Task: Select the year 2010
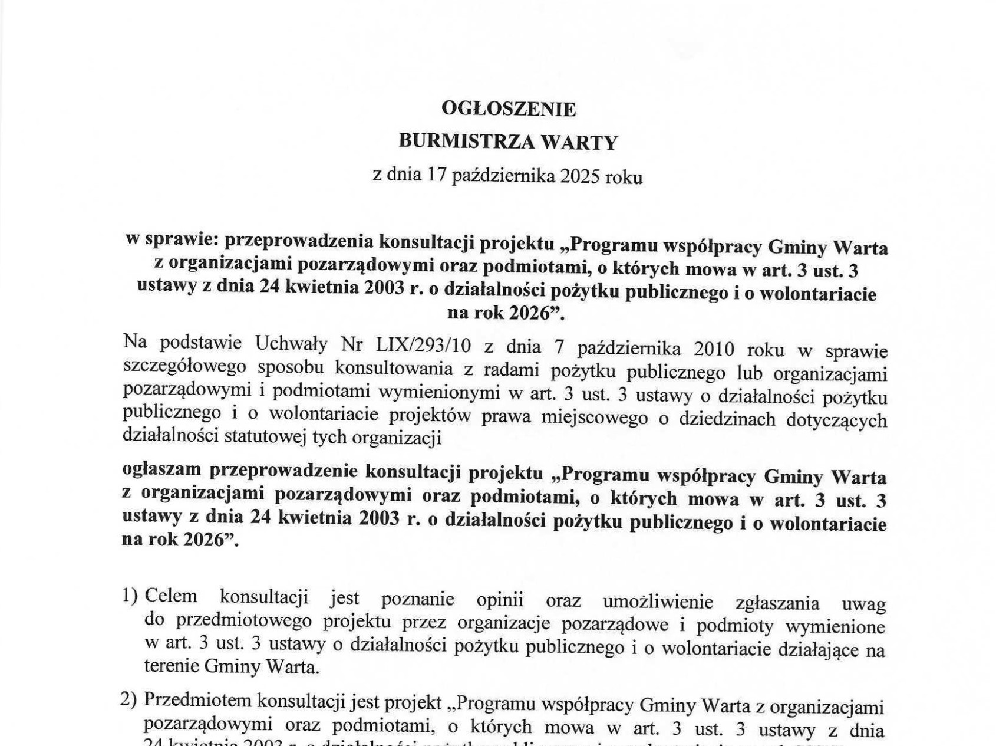click(713, 349)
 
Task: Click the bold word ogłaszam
click(161, 470)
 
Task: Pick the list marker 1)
click(130, 596)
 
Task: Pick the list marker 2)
click(128, 700)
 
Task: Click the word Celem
click(171, 596)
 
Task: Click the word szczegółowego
click(184, 366)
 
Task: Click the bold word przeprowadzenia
click(299, 241)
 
